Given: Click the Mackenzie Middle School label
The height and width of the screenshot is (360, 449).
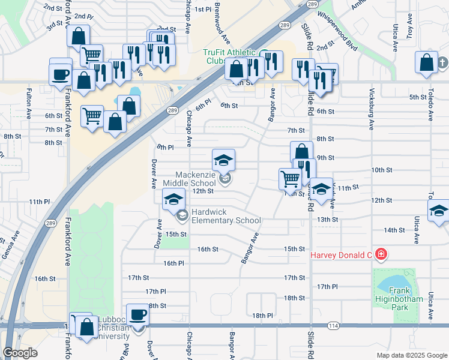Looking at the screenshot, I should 195,179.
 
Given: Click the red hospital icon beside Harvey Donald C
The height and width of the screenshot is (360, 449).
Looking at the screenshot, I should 380,254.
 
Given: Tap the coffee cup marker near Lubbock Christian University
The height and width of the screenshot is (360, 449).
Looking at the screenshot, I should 138,314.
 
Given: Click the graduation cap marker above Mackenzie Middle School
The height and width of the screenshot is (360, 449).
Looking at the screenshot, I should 223,160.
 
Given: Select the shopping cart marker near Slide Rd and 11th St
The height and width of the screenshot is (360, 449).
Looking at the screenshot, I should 290,178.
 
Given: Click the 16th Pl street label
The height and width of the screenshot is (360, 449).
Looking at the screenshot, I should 173,263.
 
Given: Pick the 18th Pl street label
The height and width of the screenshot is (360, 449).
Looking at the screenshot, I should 262,316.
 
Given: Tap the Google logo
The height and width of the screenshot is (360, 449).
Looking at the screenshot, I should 20,352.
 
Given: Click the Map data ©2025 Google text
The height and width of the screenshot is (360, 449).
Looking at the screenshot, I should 412,355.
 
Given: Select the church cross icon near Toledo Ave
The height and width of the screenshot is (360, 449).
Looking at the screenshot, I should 442,62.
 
